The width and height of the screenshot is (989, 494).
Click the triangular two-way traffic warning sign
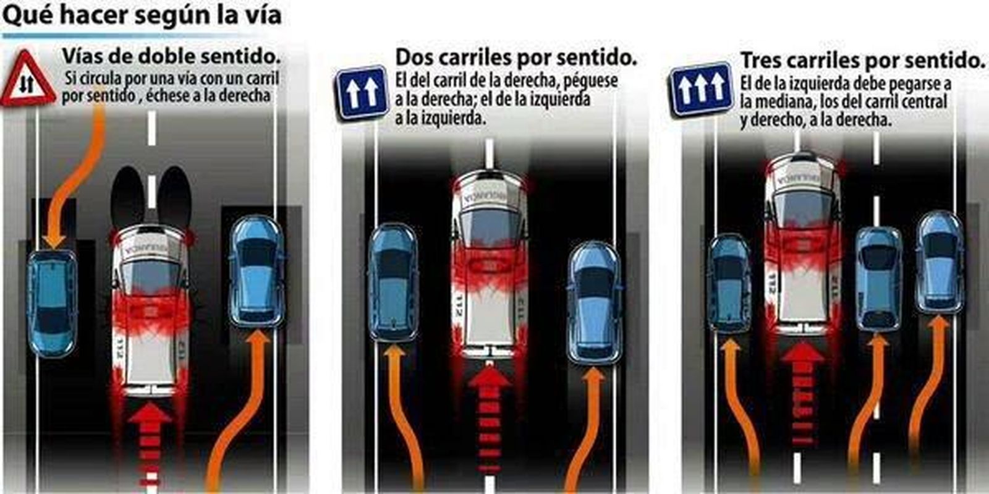28,80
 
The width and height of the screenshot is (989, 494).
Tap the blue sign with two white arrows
362,92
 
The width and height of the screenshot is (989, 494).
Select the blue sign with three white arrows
701,89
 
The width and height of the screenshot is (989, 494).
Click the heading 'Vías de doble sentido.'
171,56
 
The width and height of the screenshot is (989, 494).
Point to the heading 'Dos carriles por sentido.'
516,57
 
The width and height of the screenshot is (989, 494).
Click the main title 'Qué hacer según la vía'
142,15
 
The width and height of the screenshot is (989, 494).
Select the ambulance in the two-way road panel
150,309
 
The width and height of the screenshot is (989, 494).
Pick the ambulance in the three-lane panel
802,241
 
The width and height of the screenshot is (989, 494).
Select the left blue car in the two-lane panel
393,282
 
